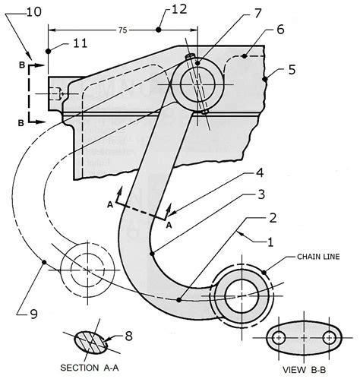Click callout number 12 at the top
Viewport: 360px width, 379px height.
tap(178, 10)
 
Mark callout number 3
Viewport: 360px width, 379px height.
tap(260, 195)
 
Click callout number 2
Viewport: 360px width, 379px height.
tap(270, 220)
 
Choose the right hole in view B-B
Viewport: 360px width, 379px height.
tap(329, 336)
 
